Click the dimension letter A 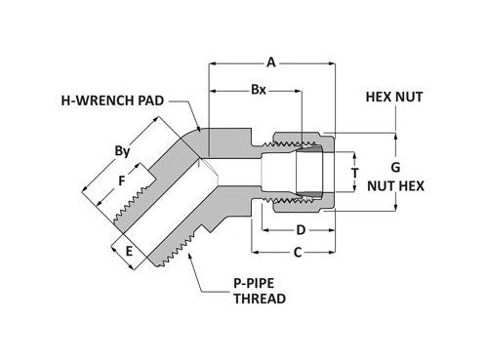click(272, 62)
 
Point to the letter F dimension click(121, 181)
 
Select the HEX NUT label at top click(393, 99)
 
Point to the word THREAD click(259, 299)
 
